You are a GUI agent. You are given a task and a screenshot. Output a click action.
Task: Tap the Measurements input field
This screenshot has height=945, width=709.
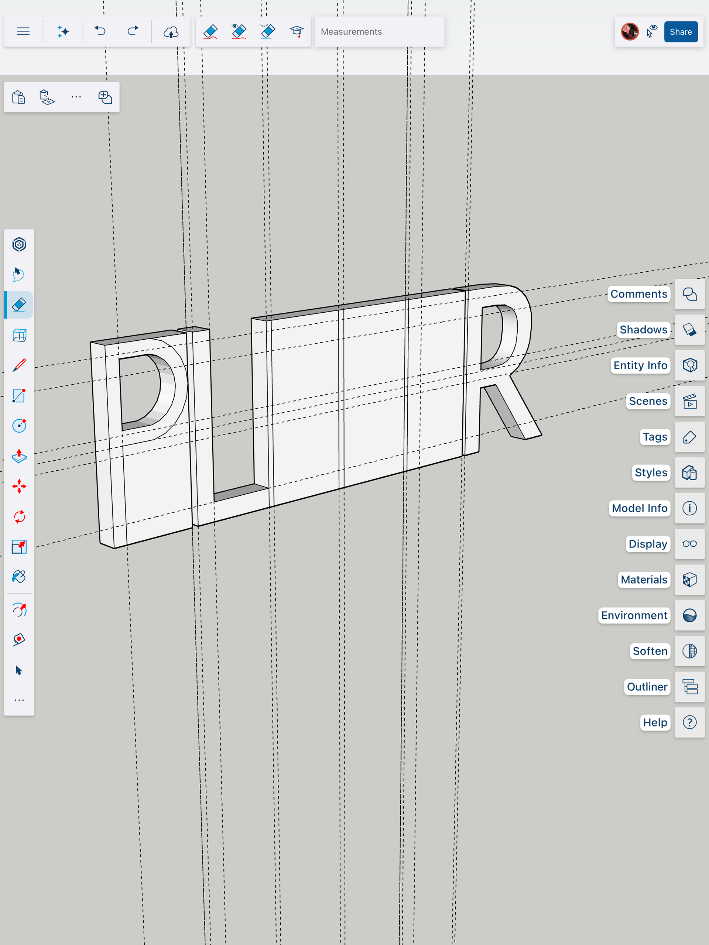click(x=380, y=32)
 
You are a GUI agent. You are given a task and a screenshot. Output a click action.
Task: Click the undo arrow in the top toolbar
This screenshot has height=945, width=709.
click(x=100, y=31)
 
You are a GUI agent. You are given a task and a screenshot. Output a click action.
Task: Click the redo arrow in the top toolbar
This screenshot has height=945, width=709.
click(x=133, y=31)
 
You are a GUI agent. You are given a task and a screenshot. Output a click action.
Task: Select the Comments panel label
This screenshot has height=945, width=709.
click(x=638, y=294)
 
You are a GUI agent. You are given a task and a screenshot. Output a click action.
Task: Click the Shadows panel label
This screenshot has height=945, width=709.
click(x=643, y=330)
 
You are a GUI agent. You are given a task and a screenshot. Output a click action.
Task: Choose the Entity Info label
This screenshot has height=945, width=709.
click(x=640, y=365)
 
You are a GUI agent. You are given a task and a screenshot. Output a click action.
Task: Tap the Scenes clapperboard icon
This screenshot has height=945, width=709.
click(x=689, y=401)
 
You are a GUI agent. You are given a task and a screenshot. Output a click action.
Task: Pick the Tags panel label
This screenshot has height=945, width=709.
click(x=655, y=437)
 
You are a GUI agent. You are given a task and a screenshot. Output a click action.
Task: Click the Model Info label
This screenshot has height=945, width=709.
click(x=639, y=508)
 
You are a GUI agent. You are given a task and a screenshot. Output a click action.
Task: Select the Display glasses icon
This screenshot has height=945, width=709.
click(x=689, y=544)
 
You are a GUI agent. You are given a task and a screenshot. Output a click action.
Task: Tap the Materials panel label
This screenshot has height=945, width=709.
click(x=644, y=580)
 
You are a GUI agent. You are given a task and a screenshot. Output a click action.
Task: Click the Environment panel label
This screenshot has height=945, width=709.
click(x=634, y=615)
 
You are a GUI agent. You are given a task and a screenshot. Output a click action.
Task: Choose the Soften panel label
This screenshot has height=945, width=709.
click(x=650, y=651)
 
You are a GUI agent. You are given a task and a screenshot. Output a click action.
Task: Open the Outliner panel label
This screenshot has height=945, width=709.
click(x=647, y=687)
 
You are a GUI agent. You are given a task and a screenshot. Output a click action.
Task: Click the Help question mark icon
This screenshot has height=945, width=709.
click(x=689, y=722)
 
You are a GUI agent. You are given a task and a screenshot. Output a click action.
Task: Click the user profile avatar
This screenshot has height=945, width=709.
click(x=630, y=32)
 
